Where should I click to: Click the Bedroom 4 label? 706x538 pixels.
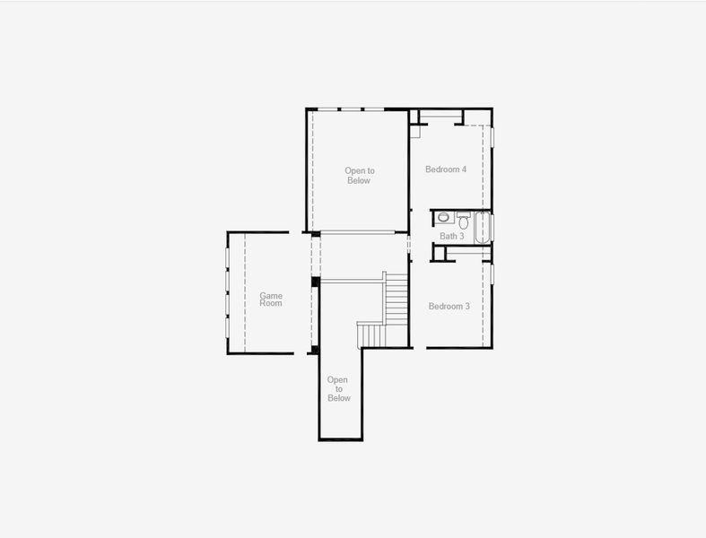445,169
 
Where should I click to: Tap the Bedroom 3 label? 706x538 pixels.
449,307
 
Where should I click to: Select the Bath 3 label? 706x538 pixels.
451,237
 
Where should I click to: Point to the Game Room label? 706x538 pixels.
271,299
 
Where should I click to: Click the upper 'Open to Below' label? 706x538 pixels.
359,176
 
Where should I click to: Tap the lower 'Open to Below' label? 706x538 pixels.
338,389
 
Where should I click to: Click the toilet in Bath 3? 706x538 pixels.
464,218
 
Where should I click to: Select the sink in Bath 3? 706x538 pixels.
444,218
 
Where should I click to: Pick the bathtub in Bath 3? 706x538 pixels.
481,227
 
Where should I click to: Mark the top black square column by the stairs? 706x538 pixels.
315,282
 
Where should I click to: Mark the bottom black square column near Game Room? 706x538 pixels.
314,349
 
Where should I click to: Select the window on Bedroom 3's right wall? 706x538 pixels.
492,273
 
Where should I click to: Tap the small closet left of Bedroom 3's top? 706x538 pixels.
439,254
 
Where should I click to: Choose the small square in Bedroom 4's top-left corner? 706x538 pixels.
414,132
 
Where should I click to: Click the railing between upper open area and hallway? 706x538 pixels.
357,233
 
